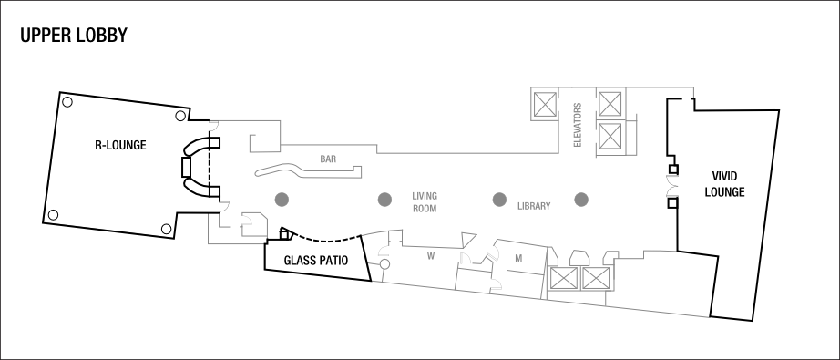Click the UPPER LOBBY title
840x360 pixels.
(72, 36)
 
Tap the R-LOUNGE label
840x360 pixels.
(121, 145)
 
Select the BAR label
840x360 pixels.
(328, 159)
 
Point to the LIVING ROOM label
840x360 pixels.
(425, 201)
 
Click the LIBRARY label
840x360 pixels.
(533, 205)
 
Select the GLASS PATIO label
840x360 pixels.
(316, 261)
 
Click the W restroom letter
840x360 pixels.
(431, 257)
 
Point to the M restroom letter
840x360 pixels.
(517, 258)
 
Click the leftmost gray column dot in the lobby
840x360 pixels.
(282, 200)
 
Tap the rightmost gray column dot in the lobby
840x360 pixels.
(580, 200)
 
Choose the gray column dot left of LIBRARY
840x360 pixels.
(498, 200)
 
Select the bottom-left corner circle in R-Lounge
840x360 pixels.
(53, 215)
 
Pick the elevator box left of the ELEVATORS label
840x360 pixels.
(545, 104)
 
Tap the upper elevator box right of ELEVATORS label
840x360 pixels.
(610, 103)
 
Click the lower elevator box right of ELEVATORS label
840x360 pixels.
(610, 138)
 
